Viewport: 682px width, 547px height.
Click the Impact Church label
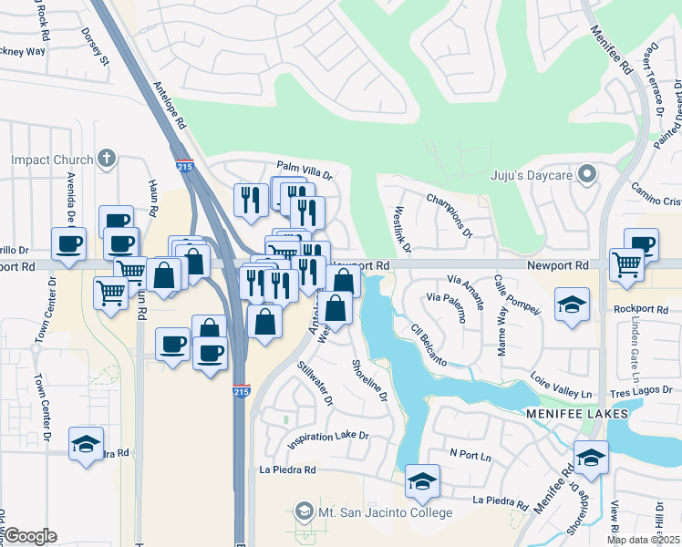click(x=52, y=160)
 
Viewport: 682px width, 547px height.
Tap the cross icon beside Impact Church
click(x=107, y=159)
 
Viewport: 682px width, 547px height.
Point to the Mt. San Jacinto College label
click(x=385, y=512)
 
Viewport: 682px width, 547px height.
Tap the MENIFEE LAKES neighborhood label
click(x=576, y=414)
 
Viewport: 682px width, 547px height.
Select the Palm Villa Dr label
click(x=305, y=169)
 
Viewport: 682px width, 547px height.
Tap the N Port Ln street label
click(x=470, y=452)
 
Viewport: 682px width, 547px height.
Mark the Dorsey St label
click(x=95, y=46)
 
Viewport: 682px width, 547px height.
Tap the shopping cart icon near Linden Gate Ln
click(x=626, y=264)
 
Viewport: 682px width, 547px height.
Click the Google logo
click(x=31, y=536)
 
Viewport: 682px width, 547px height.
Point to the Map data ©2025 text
click(x=644, y=540)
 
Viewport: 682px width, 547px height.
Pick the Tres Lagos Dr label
click(x=645, y=390)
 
